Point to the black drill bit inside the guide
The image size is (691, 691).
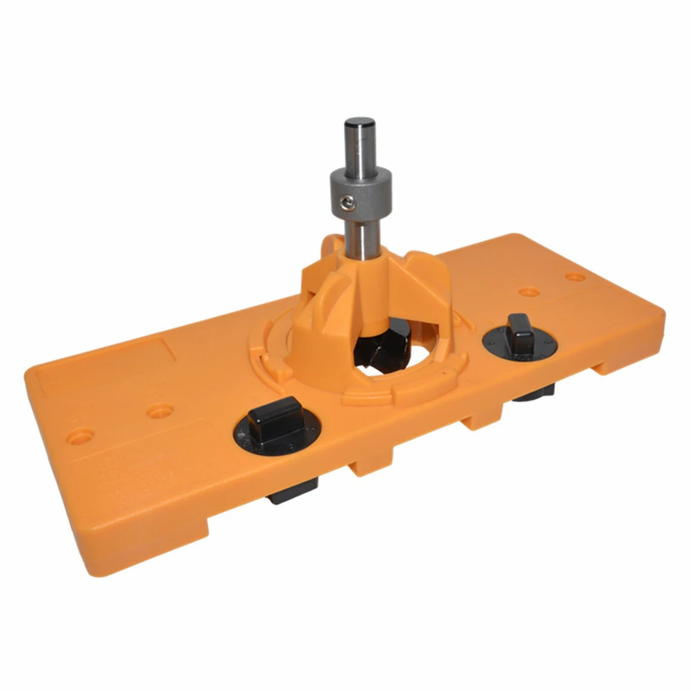tap(380, 345)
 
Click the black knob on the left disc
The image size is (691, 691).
tap(275, 418)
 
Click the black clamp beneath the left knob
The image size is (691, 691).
tap(293, 491)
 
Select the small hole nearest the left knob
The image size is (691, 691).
tap(160, 411)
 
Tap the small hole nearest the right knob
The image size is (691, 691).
tap(529, 292)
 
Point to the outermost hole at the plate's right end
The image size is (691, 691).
tap(575, 278)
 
